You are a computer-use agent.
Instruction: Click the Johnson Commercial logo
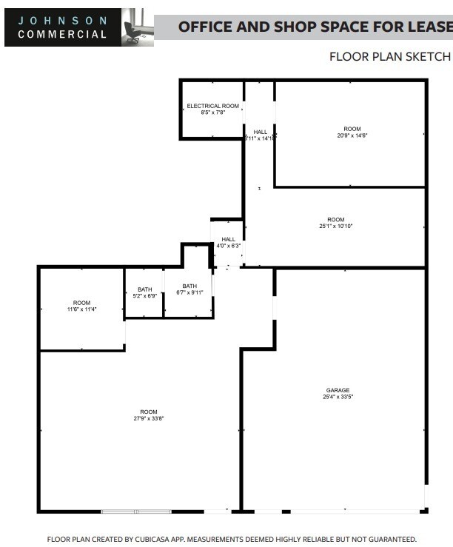[x=62, y=27]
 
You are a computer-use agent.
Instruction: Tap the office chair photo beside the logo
[x=137, y=27]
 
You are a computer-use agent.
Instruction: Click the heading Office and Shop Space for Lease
[x=315, y=27]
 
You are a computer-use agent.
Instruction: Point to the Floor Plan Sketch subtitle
[x=389, y=56]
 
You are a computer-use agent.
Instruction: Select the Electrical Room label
[x=212, y=106]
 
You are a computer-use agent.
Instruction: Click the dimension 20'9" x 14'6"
[x=357, y=135]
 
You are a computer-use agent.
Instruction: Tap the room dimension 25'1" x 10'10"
[x=336, y=226]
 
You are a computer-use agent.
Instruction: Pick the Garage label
[x=338, y=390]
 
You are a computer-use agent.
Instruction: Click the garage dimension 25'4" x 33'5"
[x=338, y=397]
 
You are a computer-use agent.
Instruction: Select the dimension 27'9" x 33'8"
[x=149, y=419]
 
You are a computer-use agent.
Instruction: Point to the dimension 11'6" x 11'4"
[x=81, y=309]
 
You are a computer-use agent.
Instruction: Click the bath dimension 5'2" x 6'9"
[x=144, y=295]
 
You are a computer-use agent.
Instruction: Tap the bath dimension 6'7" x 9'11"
[x=190, y=293]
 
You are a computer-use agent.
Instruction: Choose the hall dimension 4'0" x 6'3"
[x=228, y=246]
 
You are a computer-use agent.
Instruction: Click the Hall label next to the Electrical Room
[x=261, y=132]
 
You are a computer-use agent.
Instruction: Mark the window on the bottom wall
[x=136, y=511]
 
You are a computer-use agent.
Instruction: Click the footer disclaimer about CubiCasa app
[x=232, y=540]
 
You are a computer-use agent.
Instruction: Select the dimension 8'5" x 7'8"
[x=212, y=113]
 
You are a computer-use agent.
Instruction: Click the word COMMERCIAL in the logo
[x=62, y=34]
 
